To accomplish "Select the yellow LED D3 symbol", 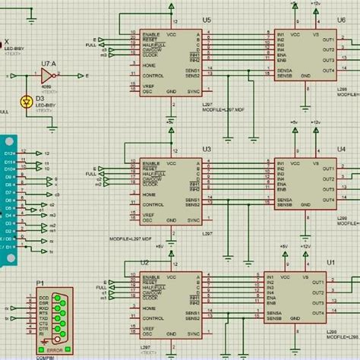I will [x=29, y=100].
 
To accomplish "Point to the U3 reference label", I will [x=207, y=150].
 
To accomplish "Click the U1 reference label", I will [x=331, y=262].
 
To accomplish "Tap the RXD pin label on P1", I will [x=44, y=308].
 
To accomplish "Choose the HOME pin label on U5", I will [x=150, y=65].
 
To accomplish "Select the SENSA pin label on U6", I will [x=284, y=71].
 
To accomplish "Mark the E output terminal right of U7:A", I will [x=87, y=77].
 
